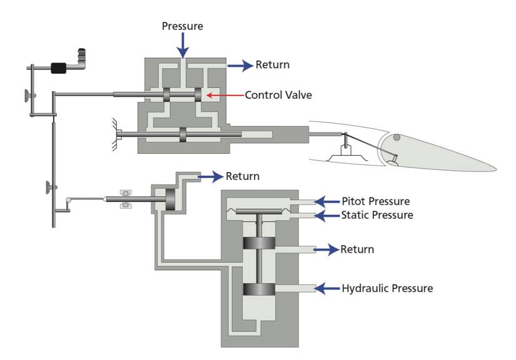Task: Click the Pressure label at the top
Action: click(x=182, y=26)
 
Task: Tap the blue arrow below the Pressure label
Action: click(x=182, y=46)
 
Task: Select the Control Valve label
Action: click(x=278, y=95)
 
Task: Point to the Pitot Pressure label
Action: click(x=375, y=201)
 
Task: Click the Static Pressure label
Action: click(x=377, y=215)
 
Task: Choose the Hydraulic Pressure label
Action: click(x=387, y=288)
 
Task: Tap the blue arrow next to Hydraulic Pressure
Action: click(x=326, y=288)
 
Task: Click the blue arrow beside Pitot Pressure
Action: click(x=326, y=201)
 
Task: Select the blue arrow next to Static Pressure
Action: click(x=326, y=216)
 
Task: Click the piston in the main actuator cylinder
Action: click(x=183, y=135)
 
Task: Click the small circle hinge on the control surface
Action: click(x=396, y=137)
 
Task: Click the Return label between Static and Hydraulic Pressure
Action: click(x=357, y=249)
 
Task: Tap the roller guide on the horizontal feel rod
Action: click(x=125, y=199)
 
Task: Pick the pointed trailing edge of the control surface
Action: click(x=494, y=169)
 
